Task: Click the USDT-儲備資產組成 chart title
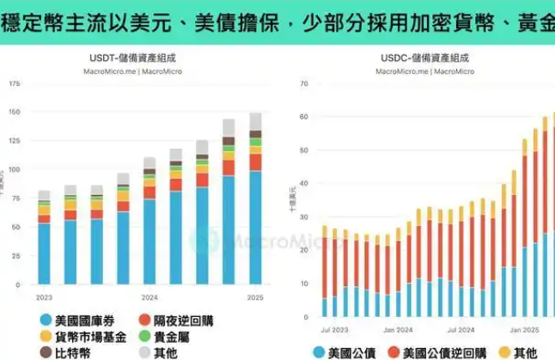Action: [138, 58]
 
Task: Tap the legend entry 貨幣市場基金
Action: [91, 335]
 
